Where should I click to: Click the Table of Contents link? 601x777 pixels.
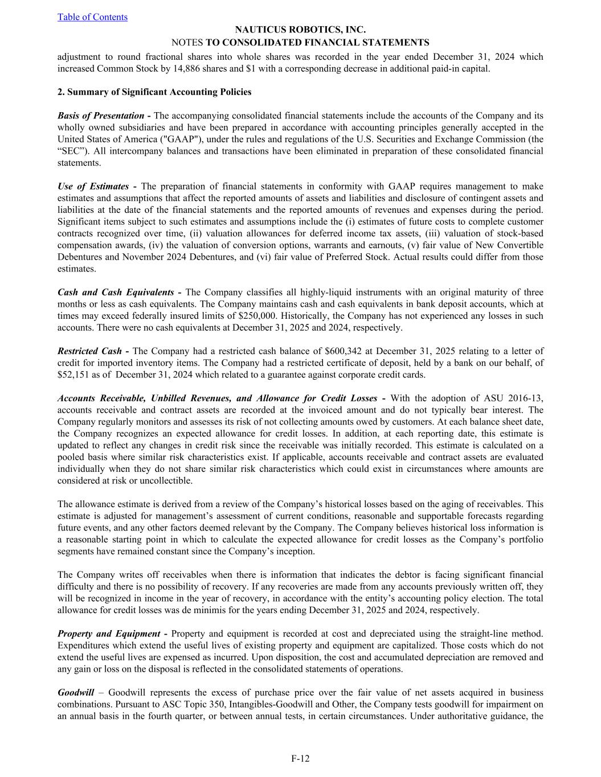point(92,17)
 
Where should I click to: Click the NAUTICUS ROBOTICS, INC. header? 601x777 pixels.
point(300,30)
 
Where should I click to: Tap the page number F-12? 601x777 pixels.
point(300,758)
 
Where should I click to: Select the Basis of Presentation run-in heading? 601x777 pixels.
point(101,116)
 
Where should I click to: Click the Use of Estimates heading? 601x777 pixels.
point(93,186)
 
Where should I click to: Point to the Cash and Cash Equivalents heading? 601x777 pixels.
point(116,292)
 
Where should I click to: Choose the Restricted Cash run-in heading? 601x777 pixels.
point(90,351)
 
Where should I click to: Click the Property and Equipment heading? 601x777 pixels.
point(109,634)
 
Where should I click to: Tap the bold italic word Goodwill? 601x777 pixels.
point(76,692)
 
